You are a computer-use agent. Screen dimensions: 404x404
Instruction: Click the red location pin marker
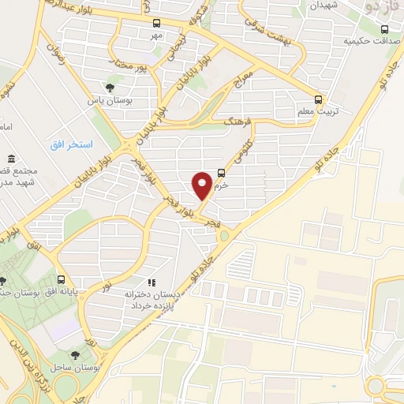pos(202,185)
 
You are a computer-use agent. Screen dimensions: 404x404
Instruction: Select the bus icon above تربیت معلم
pos(318,99)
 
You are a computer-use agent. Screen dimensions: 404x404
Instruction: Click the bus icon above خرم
pos(220,174)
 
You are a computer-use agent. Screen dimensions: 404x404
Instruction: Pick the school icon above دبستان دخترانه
pos(151,282)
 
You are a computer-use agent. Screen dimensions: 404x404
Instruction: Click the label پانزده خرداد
pos(152,305)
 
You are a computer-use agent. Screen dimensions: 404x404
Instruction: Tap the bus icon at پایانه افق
pos(61,279)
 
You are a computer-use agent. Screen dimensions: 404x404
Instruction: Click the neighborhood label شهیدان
pos(301,6)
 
